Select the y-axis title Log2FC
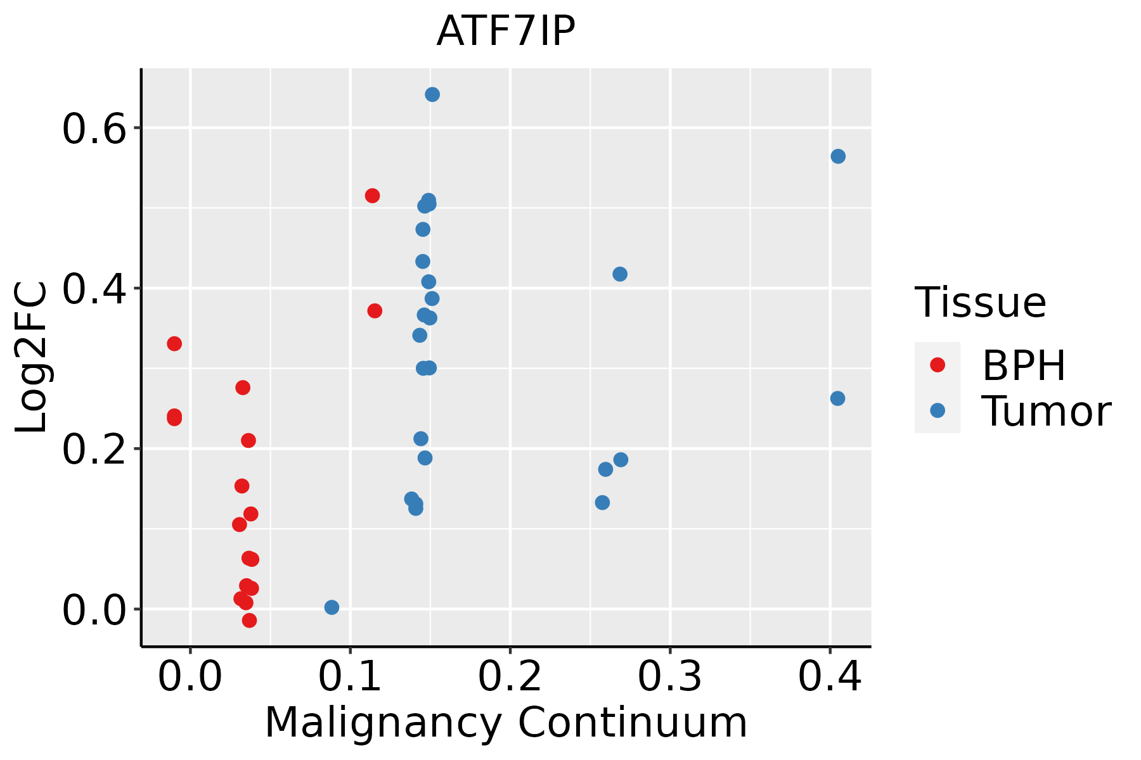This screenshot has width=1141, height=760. (32, 357)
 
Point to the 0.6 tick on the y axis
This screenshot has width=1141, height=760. (101, 129)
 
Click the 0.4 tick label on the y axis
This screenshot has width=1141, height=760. (101, 289)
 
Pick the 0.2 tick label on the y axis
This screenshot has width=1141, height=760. (101, 449)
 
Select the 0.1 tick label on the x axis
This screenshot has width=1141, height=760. (350, 676)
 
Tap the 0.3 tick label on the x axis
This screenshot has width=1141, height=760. (669, 676)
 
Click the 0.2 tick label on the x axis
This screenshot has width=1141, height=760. (510, 676)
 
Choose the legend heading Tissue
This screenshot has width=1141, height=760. (981, 302)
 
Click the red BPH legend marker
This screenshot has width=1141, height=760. (937, 364)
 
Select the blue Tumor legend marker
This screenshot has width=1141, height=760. (937, 410)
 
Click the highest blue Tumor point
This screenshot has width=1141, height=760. (432, 94)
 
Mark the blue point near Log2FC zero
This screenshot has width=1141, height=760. (332, 607)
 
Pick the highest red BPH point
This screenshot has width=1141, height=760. (372, 196)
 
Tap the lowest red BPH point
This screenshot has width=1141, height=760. (249, 620)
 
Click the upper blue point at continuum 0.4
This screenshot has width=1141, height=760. (838, 156)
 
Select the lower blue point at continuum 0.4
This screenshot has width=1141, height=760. (837, 398)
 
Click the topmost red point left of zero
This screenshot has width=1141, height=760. (174, 344)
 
